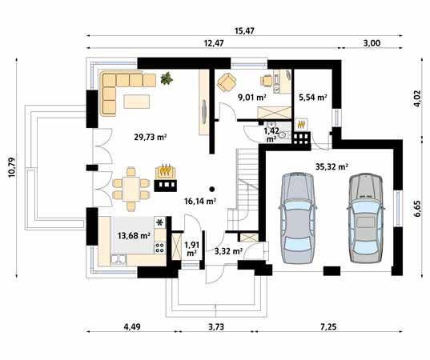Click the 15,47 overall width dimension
(244, 30)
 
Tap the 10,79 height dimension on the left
(11, 167)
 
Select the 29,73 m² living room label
(151, 137)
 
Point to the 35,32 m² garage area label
(332, 166)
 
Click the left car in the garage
(298, 218)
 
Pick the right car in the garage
(366, 218)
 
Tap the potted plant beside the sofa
(167, 78)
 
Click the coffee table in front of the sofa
(137, 102)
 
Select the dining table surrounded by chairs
(131, 189)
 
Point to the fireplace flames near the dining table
(166, 171)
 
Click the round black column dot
(211, 189)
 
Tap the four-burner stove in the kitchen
(159, 248)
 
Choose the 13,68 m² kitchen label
(134, 235)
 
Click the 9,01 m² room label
(252, 98)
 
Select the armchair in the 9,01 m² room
(227, 82)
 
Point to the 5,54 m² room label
(312, 98)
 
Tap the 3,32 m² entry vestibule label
(228, 251)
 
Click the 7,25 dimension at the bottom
(328, 326)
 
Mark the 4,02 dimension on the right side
(417, 98)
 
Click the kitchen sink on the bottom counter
(119, 259)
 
